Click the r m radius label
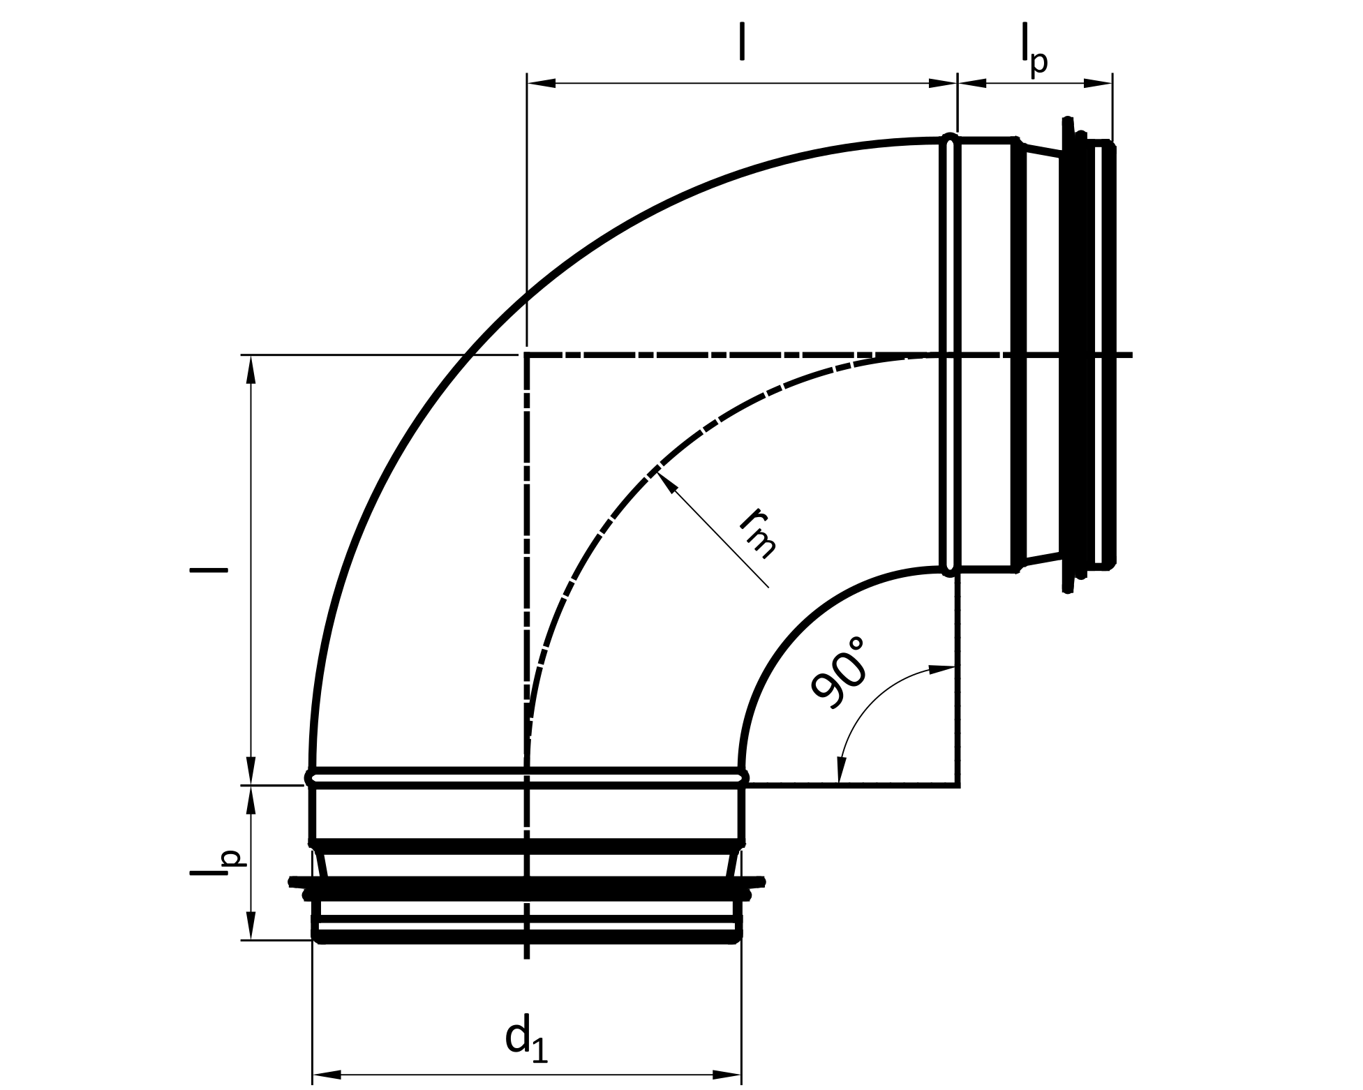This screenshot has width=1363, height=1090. [x=758, y=535]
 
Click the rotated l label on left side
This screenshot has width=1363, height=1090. [x=208, y=570]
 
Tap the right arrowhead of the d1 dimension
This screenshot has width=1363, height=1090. [x=727, y=1074]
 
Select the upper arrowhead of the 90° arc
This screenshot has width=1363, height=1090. [x=941, y=669]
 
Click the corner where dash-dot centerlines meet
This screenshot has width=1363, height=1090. [x=527, y=355]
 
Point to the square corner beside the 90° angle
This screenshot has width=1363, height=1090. [x=959, y=786]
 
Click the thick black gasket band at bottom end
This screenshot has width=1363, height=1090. [x=527, y=888]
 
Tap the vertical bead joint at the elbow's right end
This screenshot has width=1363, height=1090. [x=949, y=354]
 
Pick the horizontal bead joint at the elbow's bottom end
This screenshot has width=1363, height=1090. [x=527, y=777]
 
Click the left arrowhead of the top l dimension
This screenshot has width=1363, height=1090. [x=542, y=84]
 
